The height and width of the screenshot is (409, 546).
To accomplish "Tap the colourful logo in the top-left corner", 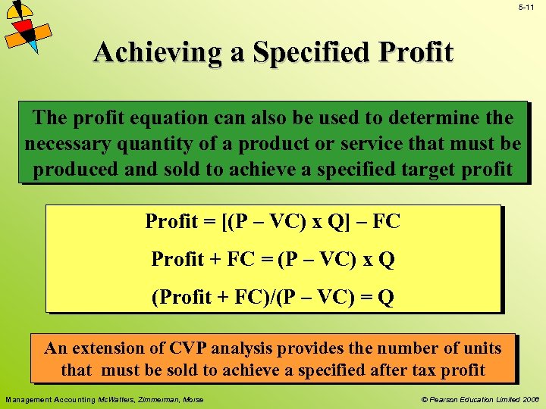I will tap(27, 27).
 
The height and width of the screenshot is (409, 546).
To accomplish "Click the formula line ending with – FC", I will tap(272, 222).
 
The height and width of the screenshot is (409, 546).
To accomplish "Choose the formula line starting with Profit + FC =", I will tap(272, 259).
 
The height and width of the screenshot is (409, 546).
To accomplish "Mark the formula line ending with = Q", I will tap(272, 296).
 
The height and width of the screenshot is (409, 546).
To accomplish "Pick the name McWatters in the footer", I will tap(116, 399).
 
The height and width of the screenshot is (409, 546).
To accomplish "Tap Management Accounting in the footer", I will tap(51, 399).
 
